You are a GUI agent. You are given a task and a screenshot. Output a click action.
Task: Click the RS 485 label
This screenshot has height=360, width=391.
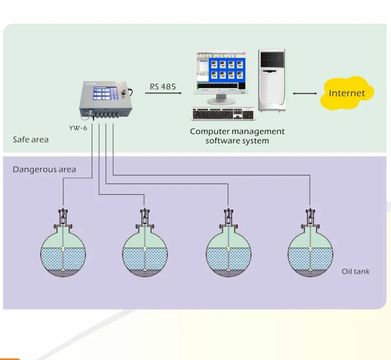[x=163, y=87]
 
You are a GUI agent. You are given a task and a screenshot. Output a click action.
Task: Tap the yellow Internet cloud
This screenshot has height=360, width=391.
[x=347, y=93]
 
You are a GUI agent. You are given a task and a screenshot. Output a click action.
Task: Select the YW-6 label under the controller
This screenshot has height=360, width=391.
[x=78, y=128]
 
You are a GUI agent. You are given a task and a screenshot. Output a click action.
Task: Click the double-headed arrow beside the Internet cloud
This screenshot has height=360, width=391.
[x=305, y=93]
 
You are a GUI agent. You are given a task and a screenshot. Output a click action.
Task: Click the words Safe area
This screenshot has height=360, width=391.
[x=31, y=140]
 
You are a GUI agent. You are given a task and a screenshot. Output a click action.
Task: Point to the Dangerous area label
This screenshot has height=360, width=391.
[x=44, y=169]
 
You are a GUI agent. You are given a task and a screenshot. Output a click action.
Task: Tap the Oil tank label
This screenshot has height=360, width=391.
[x=355, y=271]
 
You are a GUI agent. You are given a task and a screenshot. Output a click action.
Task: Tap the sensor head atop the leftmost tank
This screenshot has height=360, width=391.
[x=63, y=216]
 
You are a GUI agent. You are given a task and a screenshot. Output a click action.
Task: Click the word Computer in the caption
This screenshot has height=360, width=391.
[x=210, y=131]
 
